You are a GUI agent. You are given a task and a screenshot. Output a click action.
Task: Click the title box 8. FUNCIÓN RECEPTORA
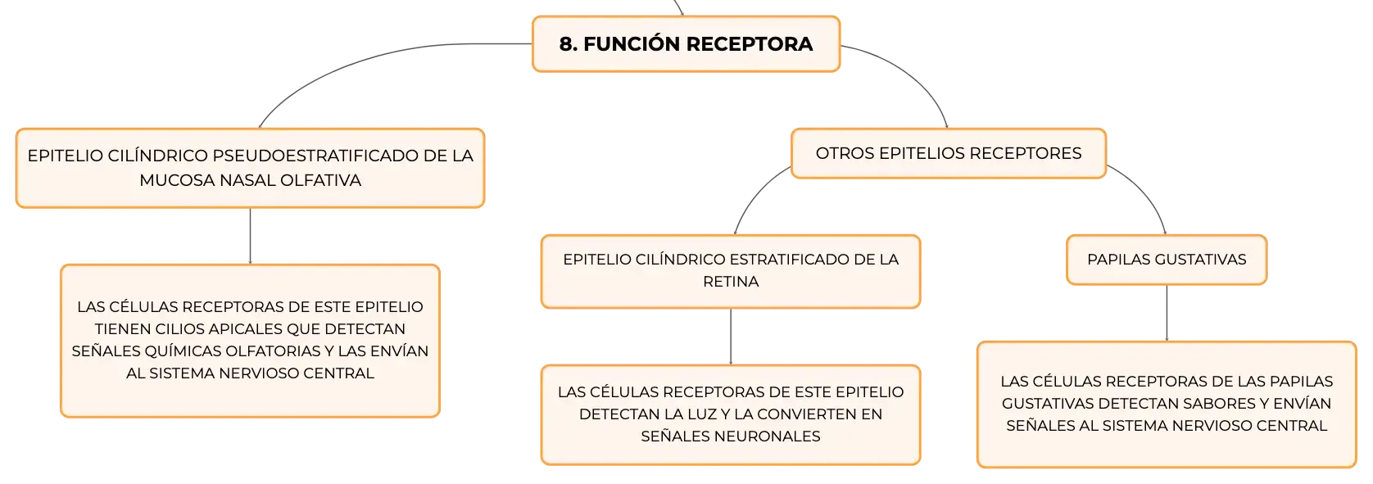686,44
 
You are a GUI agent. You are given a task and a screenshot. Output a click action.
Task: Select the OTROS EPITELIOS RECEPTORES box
948,153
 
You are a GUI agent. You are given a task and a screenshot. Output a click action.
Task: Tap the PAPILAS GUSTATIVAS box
1167,260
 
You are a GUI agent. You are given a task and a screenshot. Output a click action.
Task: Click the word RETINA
731,282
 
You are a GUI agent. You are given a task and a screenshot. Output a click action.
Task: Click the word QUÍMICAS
184,351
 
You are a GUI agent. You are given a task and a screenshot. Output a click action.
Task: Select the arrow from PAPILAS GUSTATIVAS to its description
1167,313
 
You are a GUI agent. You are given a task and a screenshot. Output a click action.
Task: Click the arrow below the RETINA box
731,337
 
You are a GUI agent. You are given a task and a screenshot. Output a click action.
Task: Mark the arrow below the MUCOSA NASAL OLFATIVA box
250,236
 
